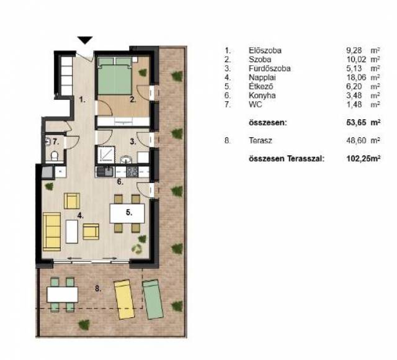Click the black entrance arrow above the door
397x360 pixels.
point(85,40)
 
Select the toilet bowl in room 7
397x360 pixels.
point(54,156)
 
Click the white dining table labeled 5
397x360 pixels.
point(127,214)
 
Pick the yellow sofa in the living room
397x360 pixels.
point(51,232)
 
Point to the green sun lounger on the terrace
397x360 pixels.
point(153,299)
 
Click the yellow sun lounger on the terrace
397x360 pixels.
point(124,299)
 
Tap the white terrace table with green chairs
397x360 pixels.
point(62,294)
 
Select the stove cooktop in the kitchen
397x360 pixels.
point(132,171)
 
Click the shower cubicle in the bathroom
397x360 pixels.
point(106,155)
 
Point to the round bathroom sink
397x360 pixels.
point(126,160)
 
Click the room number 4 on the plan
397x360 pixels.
point(81,215)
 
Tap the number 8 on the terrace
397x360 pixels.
point(98,288)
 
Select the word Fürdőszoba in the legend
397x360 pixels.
point(269,68)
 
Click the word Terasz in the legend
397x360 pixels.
point(261,140)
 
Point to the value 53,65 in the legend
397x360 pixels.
point(356,123)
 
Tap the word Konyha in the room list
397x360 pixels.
point(262,96)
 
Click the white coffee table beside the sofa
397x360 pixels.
point(72,232)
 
